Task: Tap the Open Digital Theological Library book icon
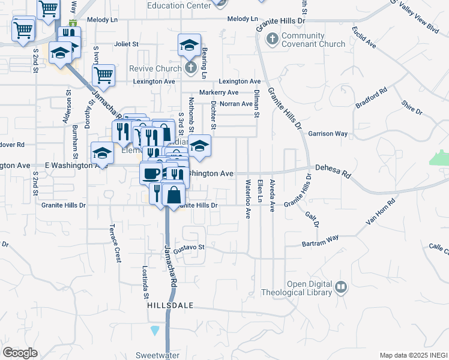click(x=341, y=287)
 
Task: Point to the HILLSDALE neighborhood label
click(x=171, y=305)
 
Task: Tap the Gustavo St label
click(x=190, y=247)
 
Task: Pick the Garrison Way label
click(x=328, y=134)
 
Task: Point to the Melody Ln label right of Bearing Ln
click(x=243, y=19)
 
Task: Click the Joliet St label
click(x=127, y=44)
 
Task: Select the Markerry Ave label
click(x=218, y=92)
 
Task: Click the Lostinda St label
click(x=145, y=282)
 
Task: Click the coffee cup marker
click(x=150, y=173)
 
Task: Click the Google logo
click(x=20, y=353)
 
